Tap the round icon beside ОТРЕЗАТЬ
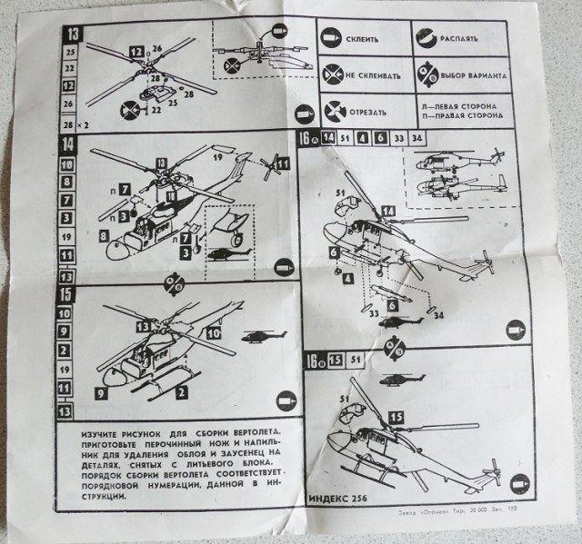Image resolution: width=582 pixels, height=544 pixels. [x=334, y=113]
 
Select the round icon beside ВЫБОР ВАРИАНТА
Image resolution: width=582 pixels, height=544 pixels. [x=427, y=74]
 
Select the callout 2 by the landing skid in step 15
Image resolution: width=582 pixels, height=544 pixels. [x=182, y=391]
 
